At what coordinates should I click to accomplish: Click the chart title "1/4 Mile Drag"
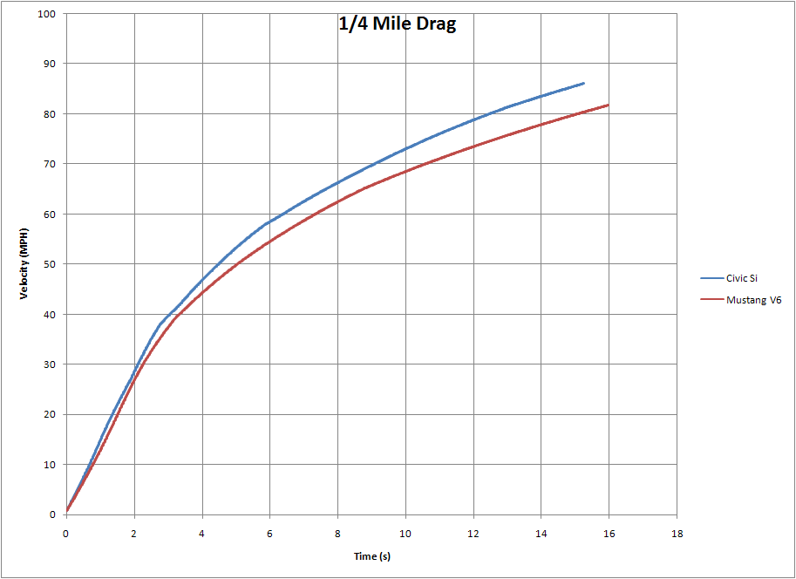pyautogui.click(x=398, y=24)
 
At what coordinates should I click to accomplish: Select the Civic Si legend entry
pyautogui.click(x=743, y=278)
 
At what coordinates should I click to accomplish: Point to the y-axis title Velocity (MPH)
pyautogui.click(x=26, y=264)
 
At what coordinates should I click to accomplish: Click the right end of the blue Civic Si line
pyautogui.click(x=583, y=83)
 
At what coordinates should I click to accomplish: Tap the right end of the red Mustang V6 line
pyautogui.click(x=608, y=105)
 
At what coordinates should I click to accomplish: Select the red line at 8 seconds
pyautogui.click(x=337, y=202)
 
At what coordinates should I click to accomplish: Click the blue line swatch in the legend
pyautogui.click(x=711, y=278)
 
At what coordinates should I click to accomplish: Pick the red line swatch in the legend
pyautogui.click(x=711, y=300)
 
